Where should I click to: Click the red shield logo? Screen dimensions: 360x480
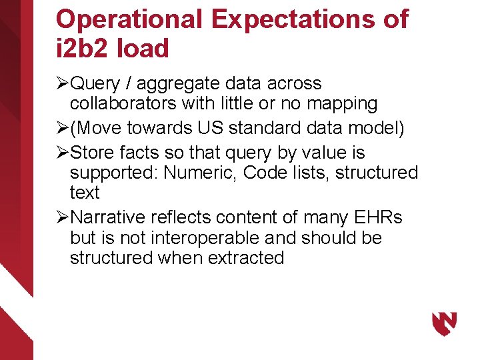point(444,324)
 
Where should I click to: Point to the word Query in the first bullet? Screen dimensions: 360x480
point(95,84)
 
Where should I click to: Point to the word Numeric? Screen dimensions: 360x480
point(200,173)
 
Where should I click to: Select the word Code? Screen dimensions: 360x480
point(263,173)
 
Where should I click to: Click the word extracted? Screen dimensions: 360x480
point(246,257)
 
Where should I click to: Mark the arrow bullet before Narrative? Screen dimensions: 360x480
point(62,217)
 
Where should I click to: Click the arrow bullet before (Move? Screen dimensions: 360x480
point(62,128)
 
